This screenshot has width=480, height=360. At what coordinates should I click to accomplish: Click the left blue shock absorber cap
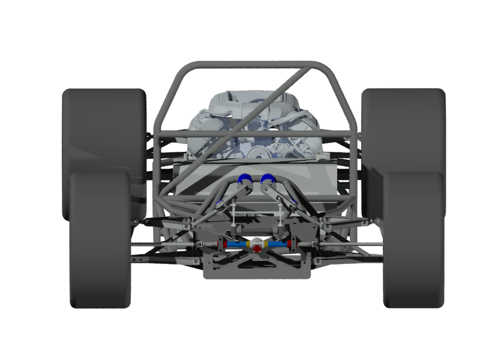click(244, 178)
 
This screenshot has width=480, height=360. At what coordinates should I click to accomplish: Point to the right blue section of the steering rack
click(276, 245)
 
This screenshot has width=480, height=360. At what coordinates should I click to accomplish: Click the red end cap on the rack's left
click(224, 245)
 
